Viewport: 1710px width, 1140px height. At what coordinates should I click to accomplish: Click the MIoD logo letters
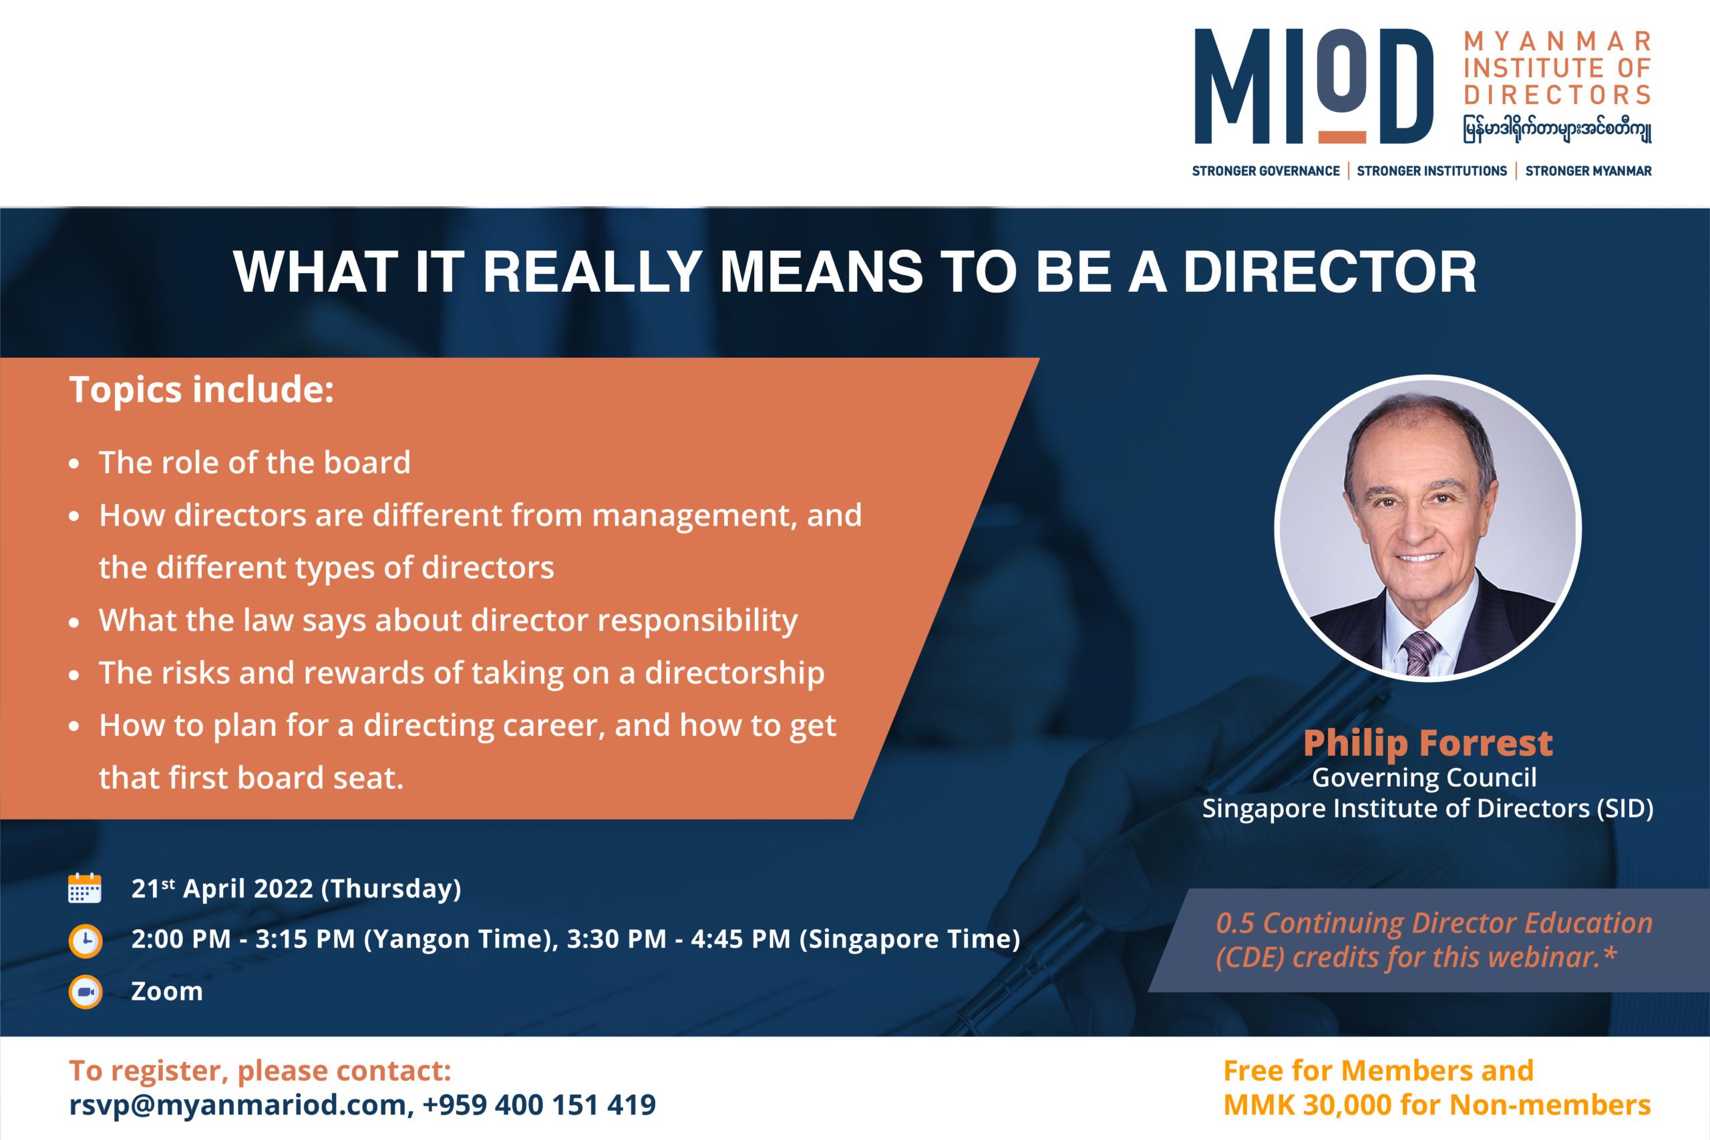(x=1314, y=85)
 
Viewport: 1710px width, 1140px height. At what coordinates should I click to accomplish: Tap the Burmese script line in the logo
(x=1557, y=129)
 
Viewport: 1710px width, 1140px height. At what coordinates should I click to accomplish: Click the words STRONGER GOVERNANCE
(x=1266, y=171)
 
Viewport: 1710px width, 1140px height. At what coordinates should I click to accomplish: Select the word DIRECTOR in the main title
(x=1330, y=272)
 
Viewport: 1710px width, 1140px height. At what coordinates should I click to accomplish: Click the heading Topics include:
(x=201, y=390)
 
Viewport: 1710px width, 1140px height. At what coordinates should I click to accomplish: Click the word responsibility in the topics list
(x=697, y=621)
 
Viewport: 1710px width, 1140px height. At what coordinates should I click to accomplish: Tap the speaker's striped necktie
(x=1419, y=653)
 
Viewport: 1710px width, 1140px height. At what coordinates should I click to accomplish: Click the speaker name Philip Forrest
(x=1428, y=743)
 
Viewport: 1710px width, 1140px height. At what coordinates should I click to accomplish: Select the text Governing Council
(x=1424, y=778)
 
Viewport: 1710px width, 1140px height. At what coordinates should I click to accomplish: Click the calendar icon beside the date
(x=84, y=888)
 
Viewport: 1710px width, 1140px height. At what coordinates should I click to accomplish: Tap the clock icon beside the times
(x=85, y=941)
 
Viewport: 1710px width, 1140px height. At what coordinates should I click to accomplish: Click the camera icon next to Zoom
(x=85, y=992)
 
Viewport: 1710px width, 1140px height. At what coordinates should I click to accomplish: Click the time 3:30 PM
(x=616, y=940)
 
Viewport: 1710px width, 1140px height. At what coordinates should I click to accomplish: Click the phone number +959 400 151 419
(x=539, y=1105)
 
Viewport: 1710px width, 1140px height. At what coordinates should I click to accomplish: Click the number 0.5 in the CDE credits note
(x=1235, y=924)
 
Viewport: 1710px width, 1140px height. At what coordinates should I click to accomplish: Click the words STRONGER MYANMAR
(x=1588, y=171)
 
